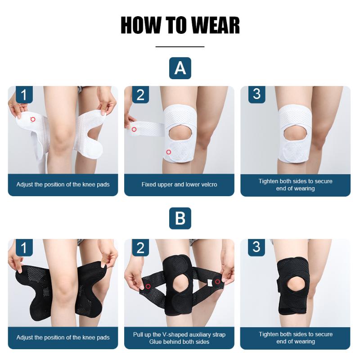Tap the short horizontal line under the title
pos(180,46)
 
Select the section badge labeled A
pos(180,68)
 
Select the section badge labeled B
pos(180,219)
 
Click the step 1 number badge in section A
pos(24,95)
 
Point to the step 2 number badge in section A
pos(140,95)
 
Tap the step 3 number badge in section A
pos(256,94)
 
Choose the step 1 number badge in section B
pos(24,247)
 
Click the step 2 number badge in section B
pos(140,247)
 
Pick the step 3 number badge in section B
pos(256,247)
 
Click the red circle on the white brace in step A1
pos(33,119)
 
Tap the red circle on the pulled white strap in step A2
pos(134,130)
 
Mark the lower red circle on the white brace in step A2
pos(168,152)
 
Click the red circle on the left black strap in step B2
pos(148,286)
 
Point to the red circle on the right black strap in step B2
pos(218,282)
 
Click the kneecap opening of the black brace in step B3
pos(296,285)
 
